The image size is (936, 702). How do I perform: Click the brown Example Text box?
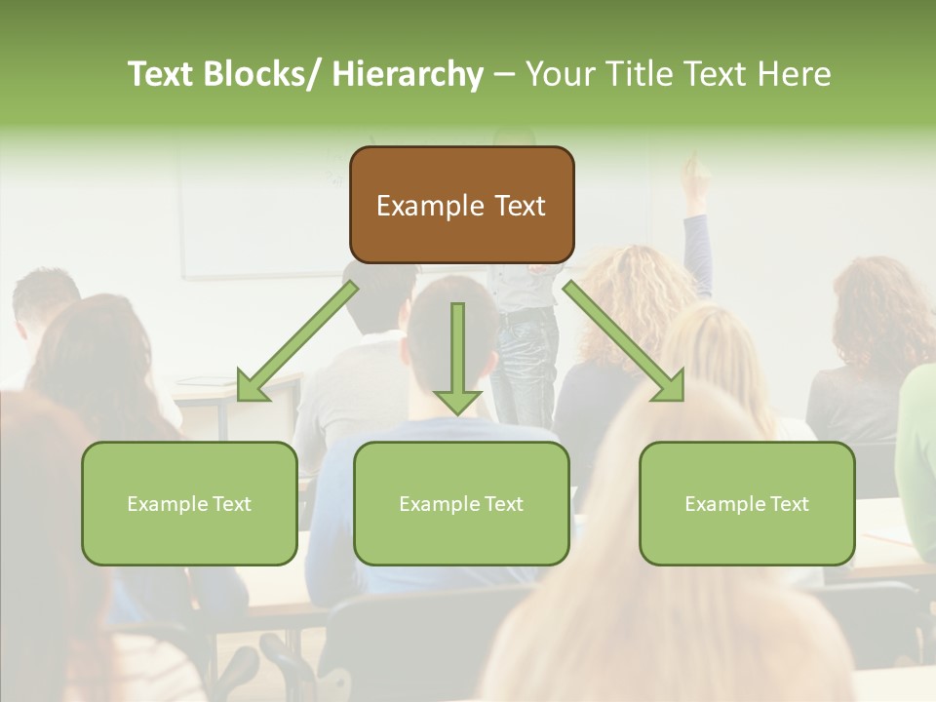pyautogui.click(x=461, y=205)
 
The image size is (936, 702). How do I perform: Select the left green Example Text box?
pyautogui.click(x=189, y=503)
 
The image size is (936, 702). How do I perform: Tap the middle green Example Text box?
pyautogui.click(x=461, y=503)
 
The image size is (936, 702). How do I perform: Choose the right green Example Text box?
pyautogui.click(x=747, y=503)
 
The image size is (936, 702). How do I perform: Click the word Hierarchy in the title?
pyautogui.click(x=408, y=74)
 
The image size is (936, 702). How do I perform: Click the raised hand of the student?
pyautogui.click(x=694, y=176)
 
